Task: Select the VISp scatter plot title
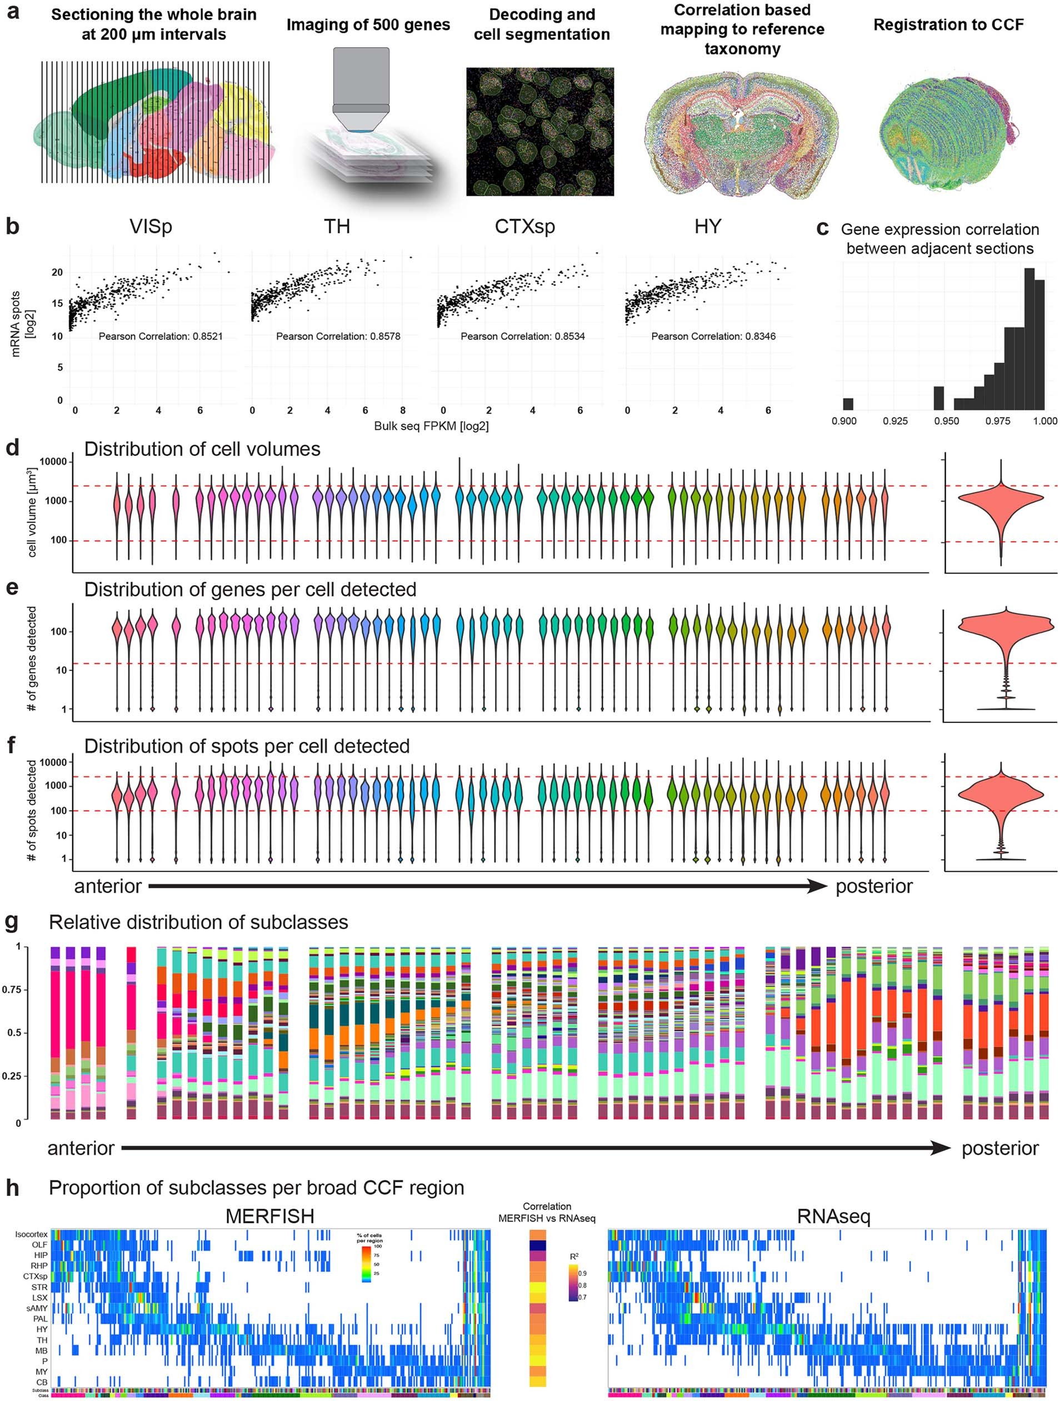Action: click(x=151, y=226)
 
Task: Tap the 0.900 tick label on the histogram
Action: click(x=843, y=421)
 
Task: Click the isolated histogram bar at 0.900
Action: click(x=848, y=404)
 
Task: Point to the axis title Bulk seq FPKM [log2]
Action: click(x=431, y=426)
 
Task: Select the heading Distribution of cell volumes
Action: click(x=202, y=449)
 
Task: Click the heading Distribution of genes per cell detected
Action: click(x=250, y=590)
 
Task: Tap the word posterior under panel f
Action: click(x=874, y=886)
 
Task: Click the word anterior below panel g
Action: click(x=81, y=1148)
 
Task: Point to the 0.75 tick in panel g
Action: click(x=13, y=990)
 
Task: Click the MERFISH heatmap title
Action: click(x=270, y=1216)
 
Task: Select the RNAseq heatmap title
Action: click(x=833, y=1216)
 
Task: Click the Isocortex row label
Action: click(x=32, y=1234)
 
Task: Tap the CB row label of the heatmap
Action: click(x=41, y=1382)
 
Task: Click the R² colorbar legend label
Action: click(x=574, y=1257)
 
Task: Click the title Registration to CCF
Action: click(x=948, y=24)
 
